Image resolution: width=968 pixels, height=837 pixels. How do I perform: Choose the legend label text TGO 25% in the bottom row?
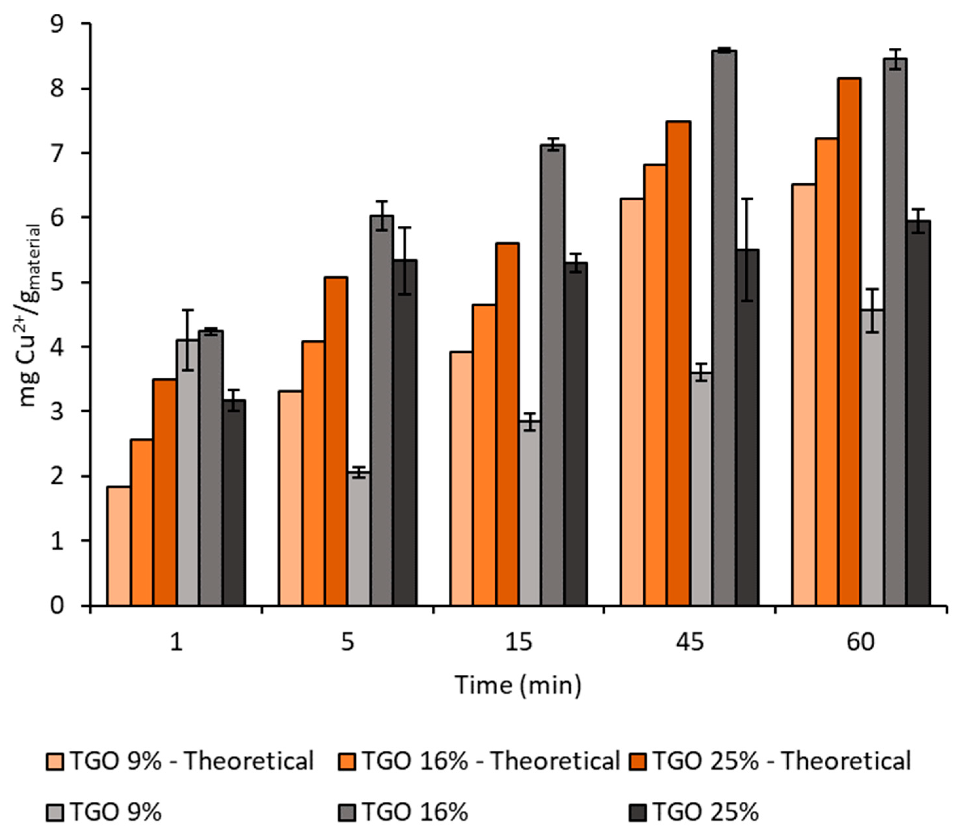coord(705,812)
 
